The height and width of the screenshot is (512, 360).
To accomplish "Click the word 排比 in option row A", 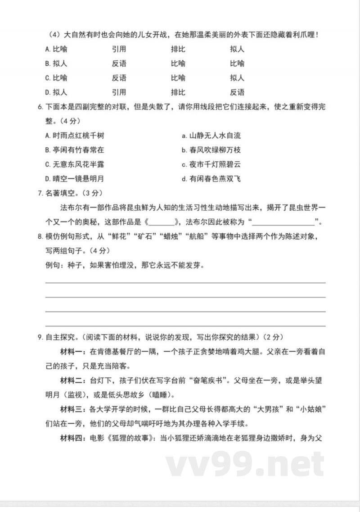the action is pyautogui.click(x=178, y=49).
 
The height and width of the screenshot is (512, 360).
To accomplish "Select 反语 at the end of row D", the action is pyautogui.click(x=237, y=92).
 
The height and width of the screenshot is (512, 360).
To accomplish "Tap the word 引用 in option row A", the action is pyautogui.click(x=119, y=49).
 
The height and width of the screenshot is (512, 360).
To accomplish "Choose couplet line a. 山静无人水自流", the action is pyautogui.click(x=211, y=136).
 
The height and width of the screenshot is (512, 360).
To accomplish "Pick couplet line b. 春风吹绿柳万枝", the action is pyautogui.click(x=211, y=150).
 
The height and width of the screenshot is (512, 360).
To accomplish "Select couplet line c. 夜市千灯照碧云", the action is pyautogui.click(x=211, y=164).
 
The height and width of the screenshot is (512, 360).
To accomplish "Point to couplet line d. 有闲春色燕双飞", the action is pyautogui.click(x=211, y=179).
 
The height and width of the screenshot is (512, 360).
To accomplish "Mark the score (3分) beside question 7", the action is pyautogui.click(x=94, y=194).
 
